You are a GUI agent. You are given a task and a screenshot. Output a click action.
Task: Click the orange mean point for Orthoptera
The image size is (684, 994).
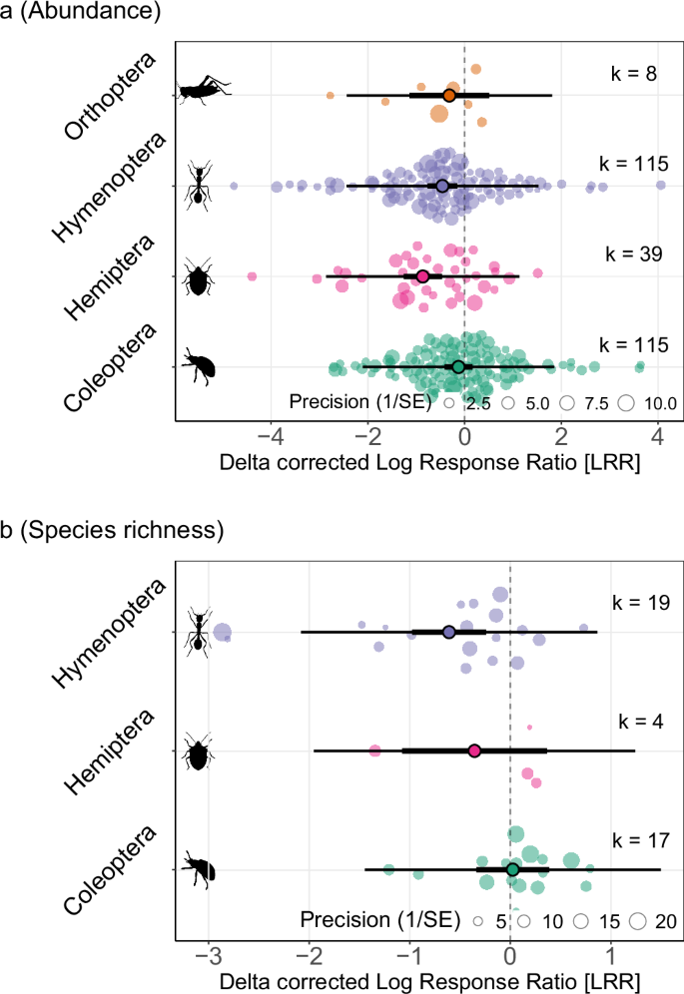tap(449, 95)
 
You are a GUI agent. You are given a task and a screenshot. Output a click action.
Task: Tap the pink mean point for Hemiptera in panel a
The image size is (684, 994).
tap(422, 276)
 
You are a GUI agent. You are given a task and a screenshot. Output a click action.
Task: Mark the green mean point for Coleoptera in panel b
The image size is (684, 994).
tap(512, 870)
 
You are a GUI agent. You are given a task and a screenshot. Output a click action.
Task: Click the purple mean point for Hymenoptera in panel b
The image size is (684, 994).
tap(448, 633)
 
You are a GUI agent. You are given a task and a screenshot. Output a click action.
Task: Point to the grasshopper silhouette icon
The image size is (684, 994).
tap(204, 91)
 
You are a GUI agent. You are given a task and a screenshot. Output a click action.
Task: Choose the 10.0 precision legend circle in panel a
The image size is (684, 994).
tap(627, 403)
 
